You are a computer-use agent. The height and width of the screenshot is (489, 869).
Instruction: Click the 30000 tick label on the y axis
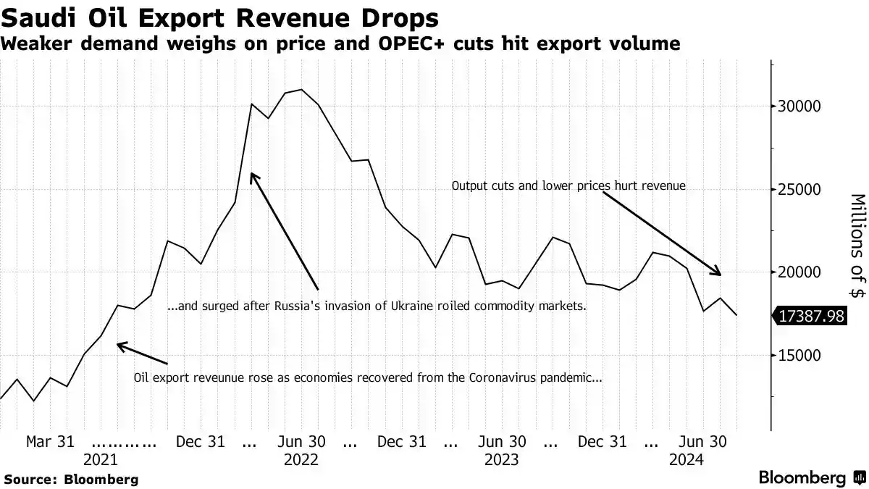799,106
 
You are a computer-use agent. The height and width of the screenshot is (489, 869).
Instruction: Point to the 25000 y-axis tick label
799,190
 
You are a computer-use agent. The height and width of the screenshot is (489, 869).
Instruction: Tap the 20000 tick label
799,272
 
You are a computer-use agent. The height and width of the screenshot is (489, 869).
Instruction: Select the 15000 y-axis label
799,356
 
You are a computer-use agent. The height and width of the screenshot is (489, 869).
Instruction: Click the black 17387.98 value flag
810,316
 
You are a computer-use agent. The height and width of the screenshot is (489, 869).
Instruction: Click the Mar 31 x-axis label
50,442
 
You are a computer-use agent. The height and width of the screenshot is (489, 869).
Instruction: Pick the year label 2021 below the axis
101,460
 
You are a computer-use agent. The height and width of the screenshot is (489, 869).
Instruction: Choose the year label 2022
301,460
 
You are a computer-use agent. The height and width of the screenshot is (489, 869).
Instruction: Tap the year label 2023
502,460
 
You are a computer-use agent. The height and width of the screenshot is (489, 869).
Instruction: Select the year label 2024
687,460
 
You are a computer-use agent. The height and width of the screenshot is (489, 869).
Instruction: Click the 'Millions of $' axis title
858,246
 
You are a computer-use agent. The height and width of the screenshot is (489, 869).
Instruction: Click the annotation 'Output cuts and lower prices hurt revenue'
568,185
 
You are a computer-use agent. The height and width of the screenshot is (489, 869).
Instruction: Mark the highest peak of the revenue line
301,90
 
